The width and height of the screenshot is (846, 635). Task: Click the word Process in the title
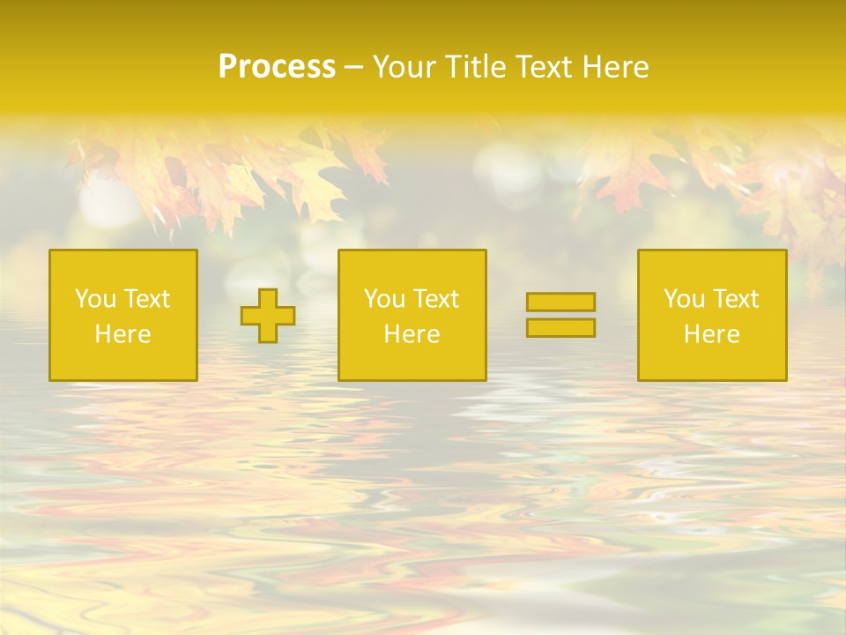coord(277,67)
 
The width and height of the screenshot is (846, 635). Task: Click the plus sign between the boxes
coord(268,316)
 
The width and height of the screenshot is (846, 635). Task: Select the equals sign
coord(560,315)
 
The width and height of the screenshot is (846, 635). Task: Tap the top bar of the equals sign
coord(560,303)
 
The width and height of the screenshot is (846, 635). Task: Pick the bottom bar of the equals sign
coord(560,327)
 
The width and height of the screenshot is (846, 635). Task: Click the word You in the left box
coord(94,299)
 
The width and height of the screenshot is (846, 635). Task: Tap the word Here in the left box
coord(122,334)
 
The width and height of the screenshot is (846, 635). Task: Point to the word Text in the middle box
coord(436,299)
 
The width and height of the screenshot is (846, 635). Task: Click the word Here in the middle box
coord(412,334)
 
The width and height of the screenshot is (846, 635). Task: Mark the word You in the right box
coord(683,299)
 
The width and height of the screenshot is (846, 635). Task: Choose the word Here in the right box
coord(711,334)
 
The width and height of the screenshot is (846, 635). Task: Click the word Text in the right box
coord(736,299)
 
